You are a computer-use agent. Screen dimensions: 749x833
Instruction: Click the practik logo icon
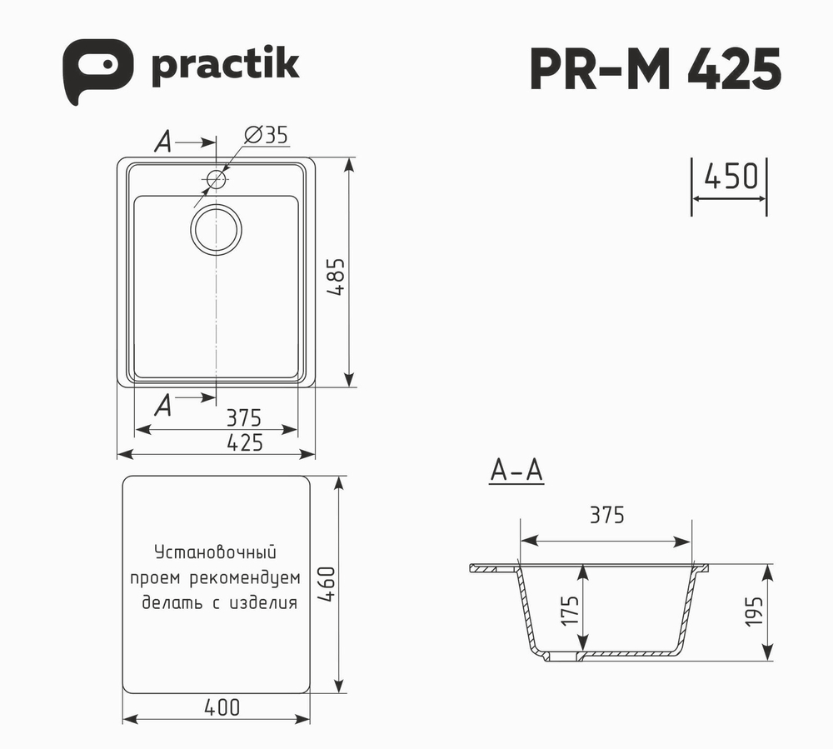pos(97,72)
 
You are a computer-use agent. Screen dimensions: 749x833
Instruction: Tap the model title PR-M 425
pos(655,69)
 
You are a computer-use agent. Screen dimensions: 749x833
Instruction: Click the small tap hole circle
pos(216,178)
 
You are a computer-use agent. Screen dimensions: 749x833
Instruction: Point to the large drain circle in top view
pos(216,227)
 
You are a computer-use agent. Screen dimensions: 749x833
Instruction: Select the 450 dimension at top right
pos(730,177)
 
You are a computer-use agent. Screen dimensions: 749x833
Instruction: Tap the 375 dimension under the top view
pos(244,417)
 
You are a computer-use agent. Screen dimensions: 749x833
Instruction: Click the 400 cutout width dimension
pos(222,707)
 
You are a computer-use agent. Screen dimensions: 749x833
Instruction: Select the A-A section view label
pos(516,471)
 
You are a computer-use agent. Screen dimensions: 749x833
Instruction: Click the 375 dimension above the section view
pos(606,516)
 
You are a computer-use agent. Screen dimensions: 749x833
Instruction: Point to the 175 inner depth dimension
pos(570,609)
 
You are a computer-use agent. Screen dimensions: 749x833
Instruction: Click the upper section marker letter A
pos(163,143)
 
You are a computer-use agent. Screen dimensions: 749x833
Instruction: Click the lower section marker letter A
pos(163,406)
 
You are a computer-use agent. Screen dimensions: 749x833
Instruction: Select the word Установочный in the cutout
pos(215,552)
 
